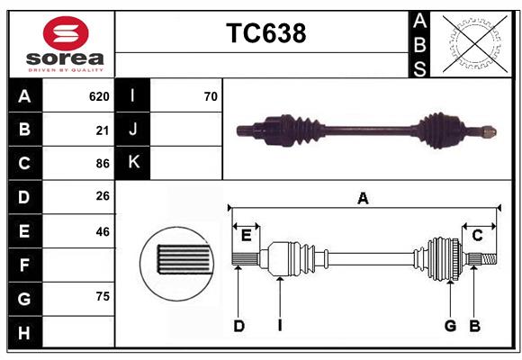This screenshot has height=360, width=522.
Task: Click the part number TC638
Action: click(x=265, y=33)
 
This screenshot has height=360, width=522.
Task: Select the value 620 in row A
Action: click(x=99, y=95)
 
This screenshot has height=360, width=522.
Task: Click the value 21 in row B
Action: click(x=102, y=130)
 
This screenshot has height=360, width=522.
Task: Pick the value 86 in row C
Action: click(x=102, y=164)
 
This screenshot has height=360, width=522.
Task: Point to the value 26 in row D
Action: click(x=102, y=196)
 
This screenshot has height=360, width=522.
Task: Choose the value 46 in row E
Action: click(x=102, y=231)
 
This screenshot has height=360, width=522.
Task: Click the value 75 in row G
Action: click(x=102, y=297)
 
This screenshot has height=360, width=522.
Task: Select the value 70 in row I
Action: click(x=211, y=95)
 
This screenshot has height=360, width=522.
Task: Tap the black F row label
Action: click(x=24, y=265)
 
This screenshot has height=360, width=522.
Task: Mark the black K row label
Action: click(x=133, y=163)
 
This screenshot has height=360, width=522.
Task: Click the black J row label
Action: click(x=133, y=130)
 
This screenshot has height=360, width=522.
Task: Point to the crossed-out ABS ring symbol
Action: click(x=474, y=43)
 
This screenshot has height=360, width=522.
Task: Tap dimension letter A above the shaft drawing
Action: click(x=363, y=198)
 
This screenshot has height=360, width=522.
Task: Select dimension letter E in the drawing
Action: click(x=246, y=236)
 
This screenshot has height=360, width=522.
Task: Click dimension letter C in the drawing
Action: click(x=477, y=236)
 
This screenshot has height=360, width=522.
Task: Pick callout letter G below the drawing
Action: click(x=450, y=326)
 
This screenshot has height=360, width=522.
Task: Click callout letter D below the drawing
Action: click(x=238, y=326)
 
